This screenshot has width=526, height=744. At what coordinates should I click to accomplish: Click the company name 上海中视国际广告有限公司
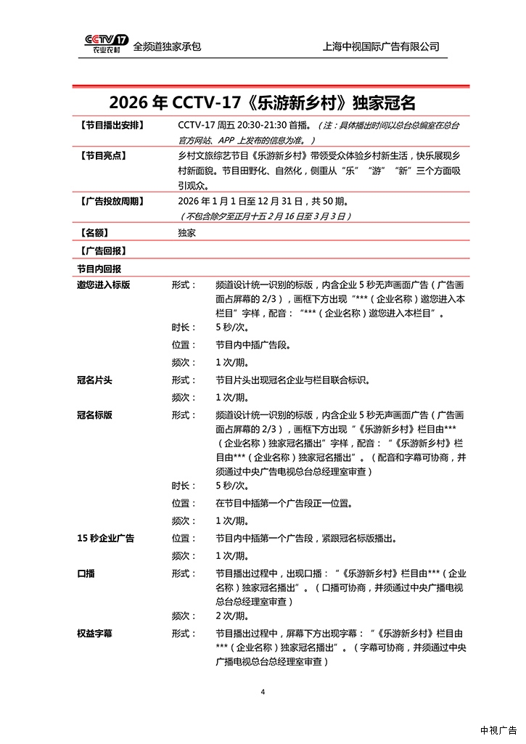tap(381, 46)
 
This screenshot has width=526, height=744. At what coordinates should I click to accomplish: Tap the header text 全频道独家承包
tap(167, 46)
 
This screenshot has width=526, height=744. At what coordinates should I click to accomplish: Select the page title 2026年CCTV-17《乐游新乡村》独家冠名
tap(263, 101)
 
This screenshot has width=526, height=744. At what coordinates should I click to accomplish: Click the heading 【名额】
tap(91, 233)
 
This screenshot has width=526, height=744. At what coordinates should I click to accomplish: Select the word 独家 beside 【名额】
tap(186, 233)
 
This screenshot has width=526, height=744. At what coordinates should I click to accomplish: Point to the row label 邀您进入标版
tap(103, 285)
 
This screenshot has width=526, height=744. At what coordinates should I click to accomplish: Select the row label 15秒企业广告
tap(105, 539)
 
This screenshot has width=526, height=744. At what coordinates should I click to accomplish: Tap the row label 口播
tap(86, 573)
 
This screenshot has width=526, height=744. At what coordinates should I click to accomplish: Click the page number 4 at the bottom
tap(263, 692)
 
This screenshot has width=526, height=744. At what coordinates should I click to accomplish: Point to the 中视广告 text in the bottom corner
tap(498, 730)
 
